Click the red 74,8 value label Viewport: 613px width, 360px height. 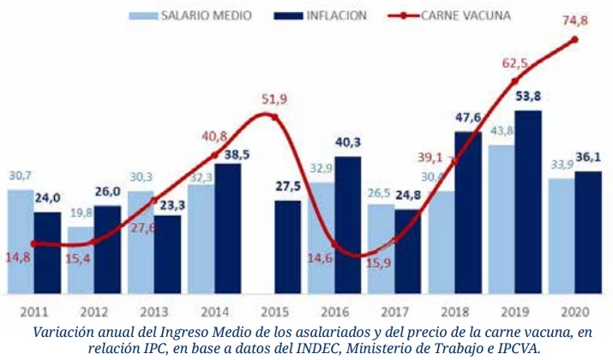574,21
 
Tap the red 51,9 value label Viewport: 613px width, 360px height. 277,99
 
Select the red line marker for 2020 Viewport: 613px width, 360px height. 574,39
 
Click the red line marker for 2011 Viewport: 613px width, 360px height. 33,243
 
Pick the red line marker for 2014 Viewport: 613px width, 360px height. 214,156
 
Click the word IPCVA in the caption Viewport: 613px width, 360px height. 515,350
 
